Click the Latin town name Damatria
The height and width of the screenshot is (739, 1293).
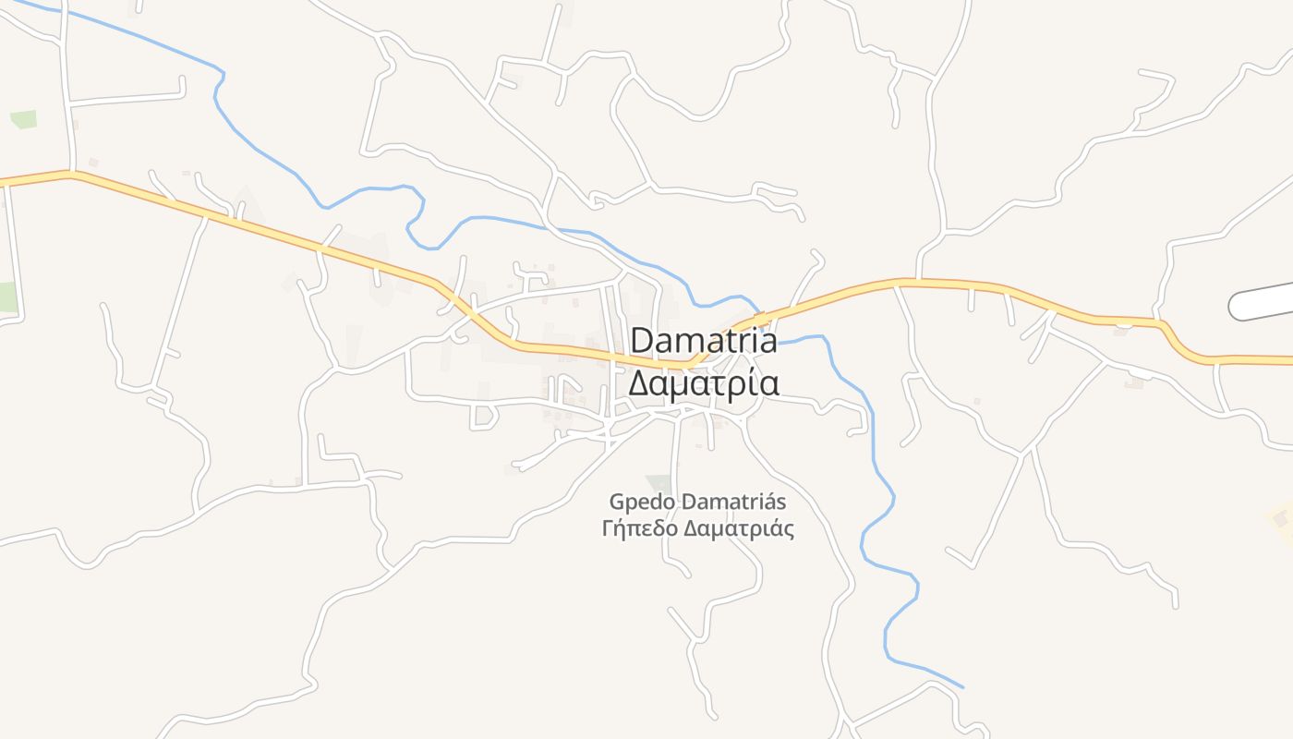click(704, 341)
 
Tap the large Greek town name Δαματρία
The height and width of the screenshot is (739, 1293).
click(704, 382)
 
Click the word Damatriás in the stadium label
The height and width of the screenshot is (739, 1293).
click(733, 503)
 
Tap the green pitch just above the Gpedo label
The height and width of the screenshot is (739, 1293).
click(660, 483)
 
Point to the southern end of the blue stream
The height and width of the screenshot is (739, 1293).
click(962, 687)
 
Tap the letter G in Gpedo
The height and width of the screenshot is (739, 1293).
click(617, 503)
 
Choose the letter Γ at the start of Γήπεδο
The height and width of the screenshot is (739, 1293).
click(607, 529)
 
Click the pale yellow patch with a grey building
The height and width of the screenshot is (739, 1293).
click(1280, 519)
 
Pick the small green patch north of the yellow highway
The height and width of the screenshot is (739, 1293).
click(23, 120)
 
